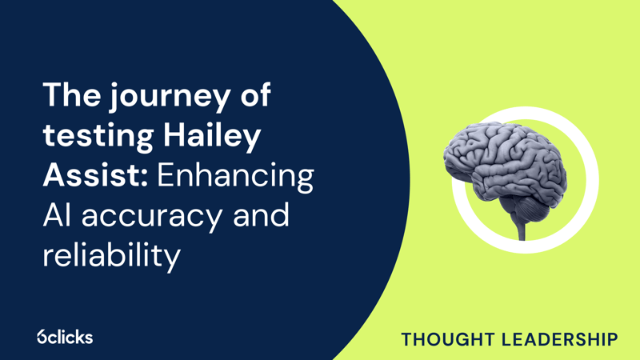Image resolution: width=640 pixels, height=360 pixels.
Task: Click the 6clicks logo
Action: pyautogui.click(x=65, y=337)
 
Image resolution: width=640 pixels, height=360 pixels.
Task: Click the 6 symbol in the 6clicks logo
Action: pyautogui.click(x=42, y=337)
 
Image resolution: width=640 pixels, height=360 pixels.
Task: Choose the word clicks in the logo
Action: pyautogui.click(x=71, y=337)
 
